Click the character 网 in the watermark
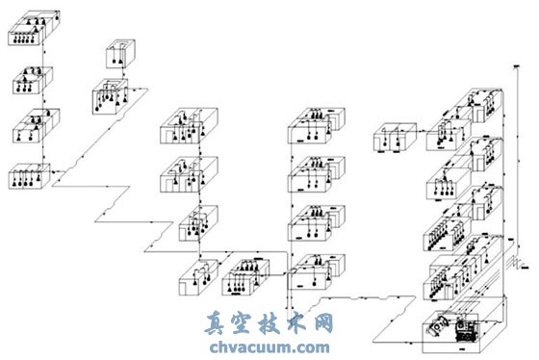(x=322, y=324)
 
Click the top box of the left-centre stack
(x=188, y=130)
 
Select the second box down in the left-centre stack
(x=188, y=175)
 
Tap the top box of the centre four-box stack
(x=316, y=127)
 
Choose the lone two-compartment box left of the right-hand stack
(x=397, y=139)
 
